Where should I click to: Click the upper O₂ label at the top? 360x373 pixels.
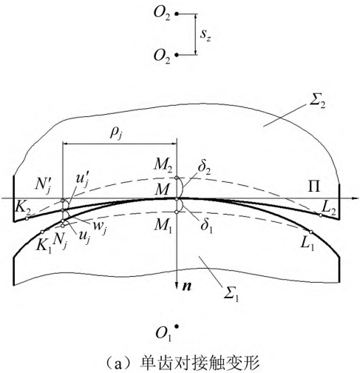coord(162,14)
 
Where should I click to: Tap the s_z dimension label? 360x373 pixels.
coord(206,36)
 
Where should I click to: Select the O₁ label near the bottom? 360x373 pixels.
coord(163,334)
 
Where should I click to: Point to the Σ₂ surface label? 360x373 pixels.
coord(317,103)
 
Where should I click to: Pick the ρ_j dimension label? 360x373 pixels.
coord(116,134)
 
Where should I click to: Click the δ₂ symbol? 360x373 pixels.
coord(204,169)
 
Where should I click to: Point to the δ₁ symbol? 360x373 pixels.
coord(206,226)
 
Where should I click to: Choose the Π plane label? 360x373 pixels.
coord(314,186)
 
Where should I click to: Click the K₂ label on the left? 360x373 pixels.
coord(23,209)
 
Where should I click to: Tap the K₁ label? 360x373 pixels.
coord(44,246)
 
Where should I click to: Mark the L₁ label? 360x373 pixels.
coord(308,244)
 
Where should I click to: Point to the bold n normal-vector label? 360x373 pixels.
coord(187,286)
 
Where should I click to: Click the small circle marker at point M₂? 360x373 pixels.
coord(176,178)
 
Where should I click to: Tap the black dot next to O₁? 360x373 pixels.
coord(176,326)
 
